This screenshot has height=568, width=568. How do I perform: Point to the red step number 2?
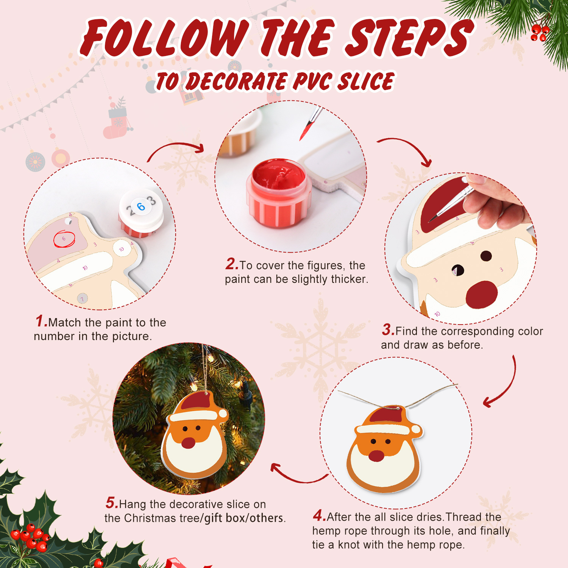pos(231,264)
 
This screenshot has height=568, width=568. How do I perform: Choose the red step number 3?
pos(388,329)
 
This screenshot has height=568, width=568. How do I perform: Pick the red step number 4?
pos(319,515)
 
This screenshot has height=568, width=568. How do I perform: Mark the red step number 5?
pos(112,503)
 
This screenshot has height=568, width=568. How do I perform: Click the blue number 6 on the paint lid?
pos(141,207)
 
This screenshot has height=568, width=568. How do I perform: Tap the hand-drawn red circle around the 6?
pos(64,239)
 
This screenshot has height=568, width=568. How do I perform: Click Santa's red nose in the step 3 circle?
pos(481,295)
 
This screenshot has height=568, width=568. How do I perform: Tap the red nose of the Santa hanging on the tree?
pos(188,443)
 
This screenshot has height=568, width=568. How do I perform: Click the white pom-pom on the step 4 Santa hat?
pos(416,430)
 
